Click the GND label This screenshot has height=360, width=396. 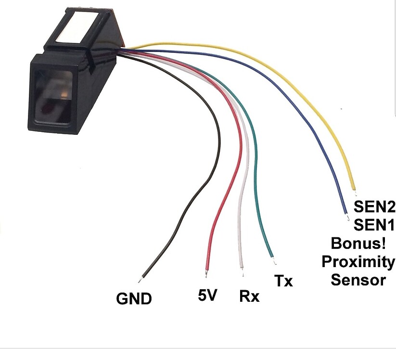tap(134, 298)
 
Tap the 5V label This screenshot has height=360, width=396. tap(207, 295)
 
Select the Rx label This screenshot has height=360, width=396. tap(249, 296)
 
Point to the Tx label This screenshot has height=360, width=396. tap(283, 281)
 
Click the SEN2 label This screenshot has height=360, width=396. tap(374, 206)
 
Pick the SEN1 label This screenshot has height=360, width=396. tap(374, 225)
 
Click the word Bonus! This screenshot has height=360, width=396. tap(358, 243)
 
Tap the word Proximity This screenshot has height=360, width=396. tap(358, 261)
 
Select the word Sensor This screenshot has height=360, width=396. tap(358, 280)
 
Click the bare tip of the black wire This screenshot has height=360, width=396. tap(139, 281)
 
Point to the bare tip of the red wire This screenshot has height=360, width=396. tap(206, 273)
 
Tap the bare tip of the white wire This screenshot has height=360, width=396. tap(243, 273)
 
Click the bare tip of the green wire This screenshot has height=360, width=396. tap(275, 262)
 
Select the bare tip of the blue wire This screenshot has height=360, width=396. tap(348, 217)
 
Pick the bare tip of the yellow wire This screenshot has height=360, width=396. tap(355, 193)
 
